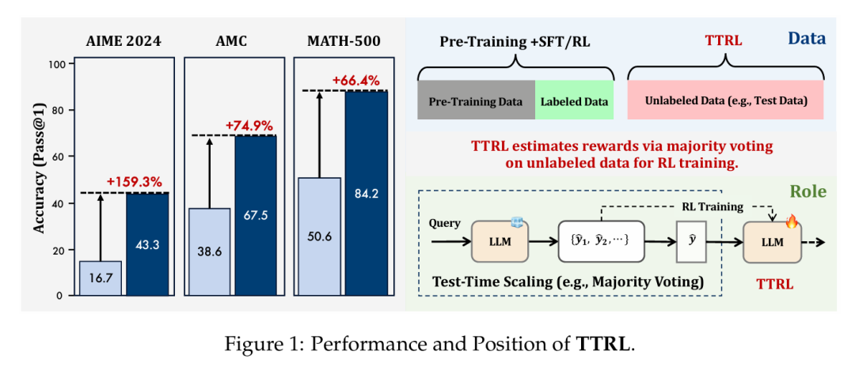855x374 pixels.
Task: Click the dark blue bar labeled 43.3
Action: tap(147, 244)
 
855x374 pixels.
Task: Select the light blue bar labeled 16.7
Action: tap(101, 278)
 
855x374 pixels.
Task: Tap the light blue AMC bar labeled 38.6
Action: tap(209, 252)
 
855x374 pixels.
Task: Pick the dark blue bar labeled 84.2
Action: tap(366, 194)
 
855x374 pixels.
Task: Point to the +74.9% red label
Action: tap(249, 125)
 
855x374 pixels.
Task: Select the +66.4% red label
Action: tap(356, 81)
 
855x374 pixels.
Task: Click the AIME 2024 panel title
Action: tap(123, 42)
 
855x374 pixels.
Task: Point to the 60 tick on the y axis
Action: tap(58, 157)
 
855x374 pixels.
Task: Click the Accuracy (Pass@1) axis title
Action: tap(38, 179)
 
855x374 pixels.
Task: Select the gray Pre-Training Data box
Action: tap(476, 101)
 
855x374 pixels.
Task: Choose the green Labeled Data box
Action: tap(574, 101)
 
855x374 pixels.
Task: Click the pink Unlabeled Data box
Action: tap(725, 101)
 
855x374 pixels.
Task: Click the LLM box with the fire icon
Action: tap(772, 242)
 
